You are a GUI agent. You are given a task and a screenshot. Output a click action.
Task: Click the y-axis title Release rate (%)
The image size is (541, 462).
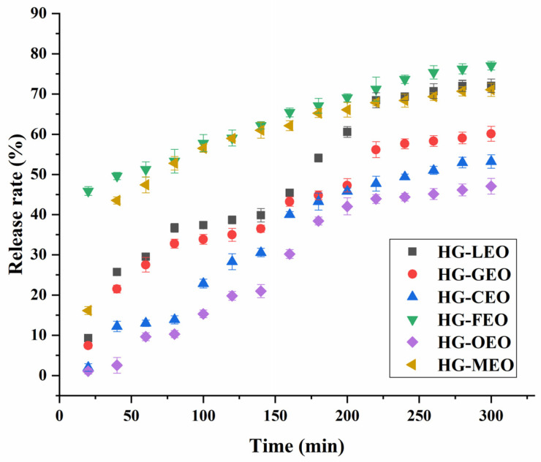click(x=16, y=198)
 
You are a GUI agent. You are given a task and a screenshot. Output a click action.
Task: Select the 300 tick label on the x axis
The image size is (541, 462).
click(x=491, y=414)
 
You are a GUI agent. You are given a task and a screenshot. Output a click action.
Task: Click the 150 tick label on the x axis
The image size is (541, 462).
click(x=275, y=414)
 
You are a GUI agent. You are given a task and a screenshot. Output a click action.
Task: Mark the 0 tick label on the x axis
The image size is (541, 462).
click(x=59, y=414)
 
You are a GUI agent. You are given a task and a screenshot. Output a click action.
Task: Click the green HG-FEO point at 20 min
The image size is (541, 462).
click(x=88, y=192)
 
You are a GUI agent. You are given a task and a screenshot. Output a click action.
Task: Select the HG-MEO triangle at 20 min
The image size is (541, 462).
click(x=87, y=311)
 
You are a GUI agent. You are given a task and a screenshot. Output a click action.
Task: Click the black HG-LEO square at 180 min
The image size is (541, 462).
click(x=318, y=158)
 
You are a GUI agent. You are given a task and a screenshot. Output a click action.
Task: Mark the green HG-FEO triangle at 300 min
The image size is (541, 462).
click(x=491, y=67)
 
